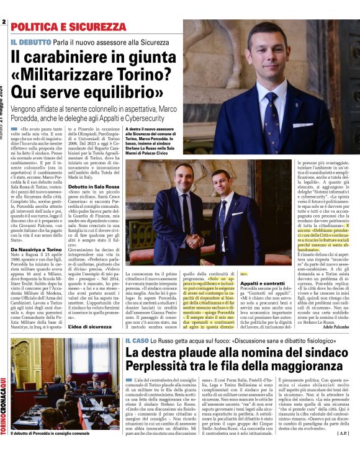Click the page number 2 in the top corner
tap(4, 22)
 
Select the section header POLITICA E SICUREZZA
tap(68, 27)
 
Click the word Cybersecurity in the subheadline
tap(151, 116)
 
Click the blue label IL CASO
tap(137, 340)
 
